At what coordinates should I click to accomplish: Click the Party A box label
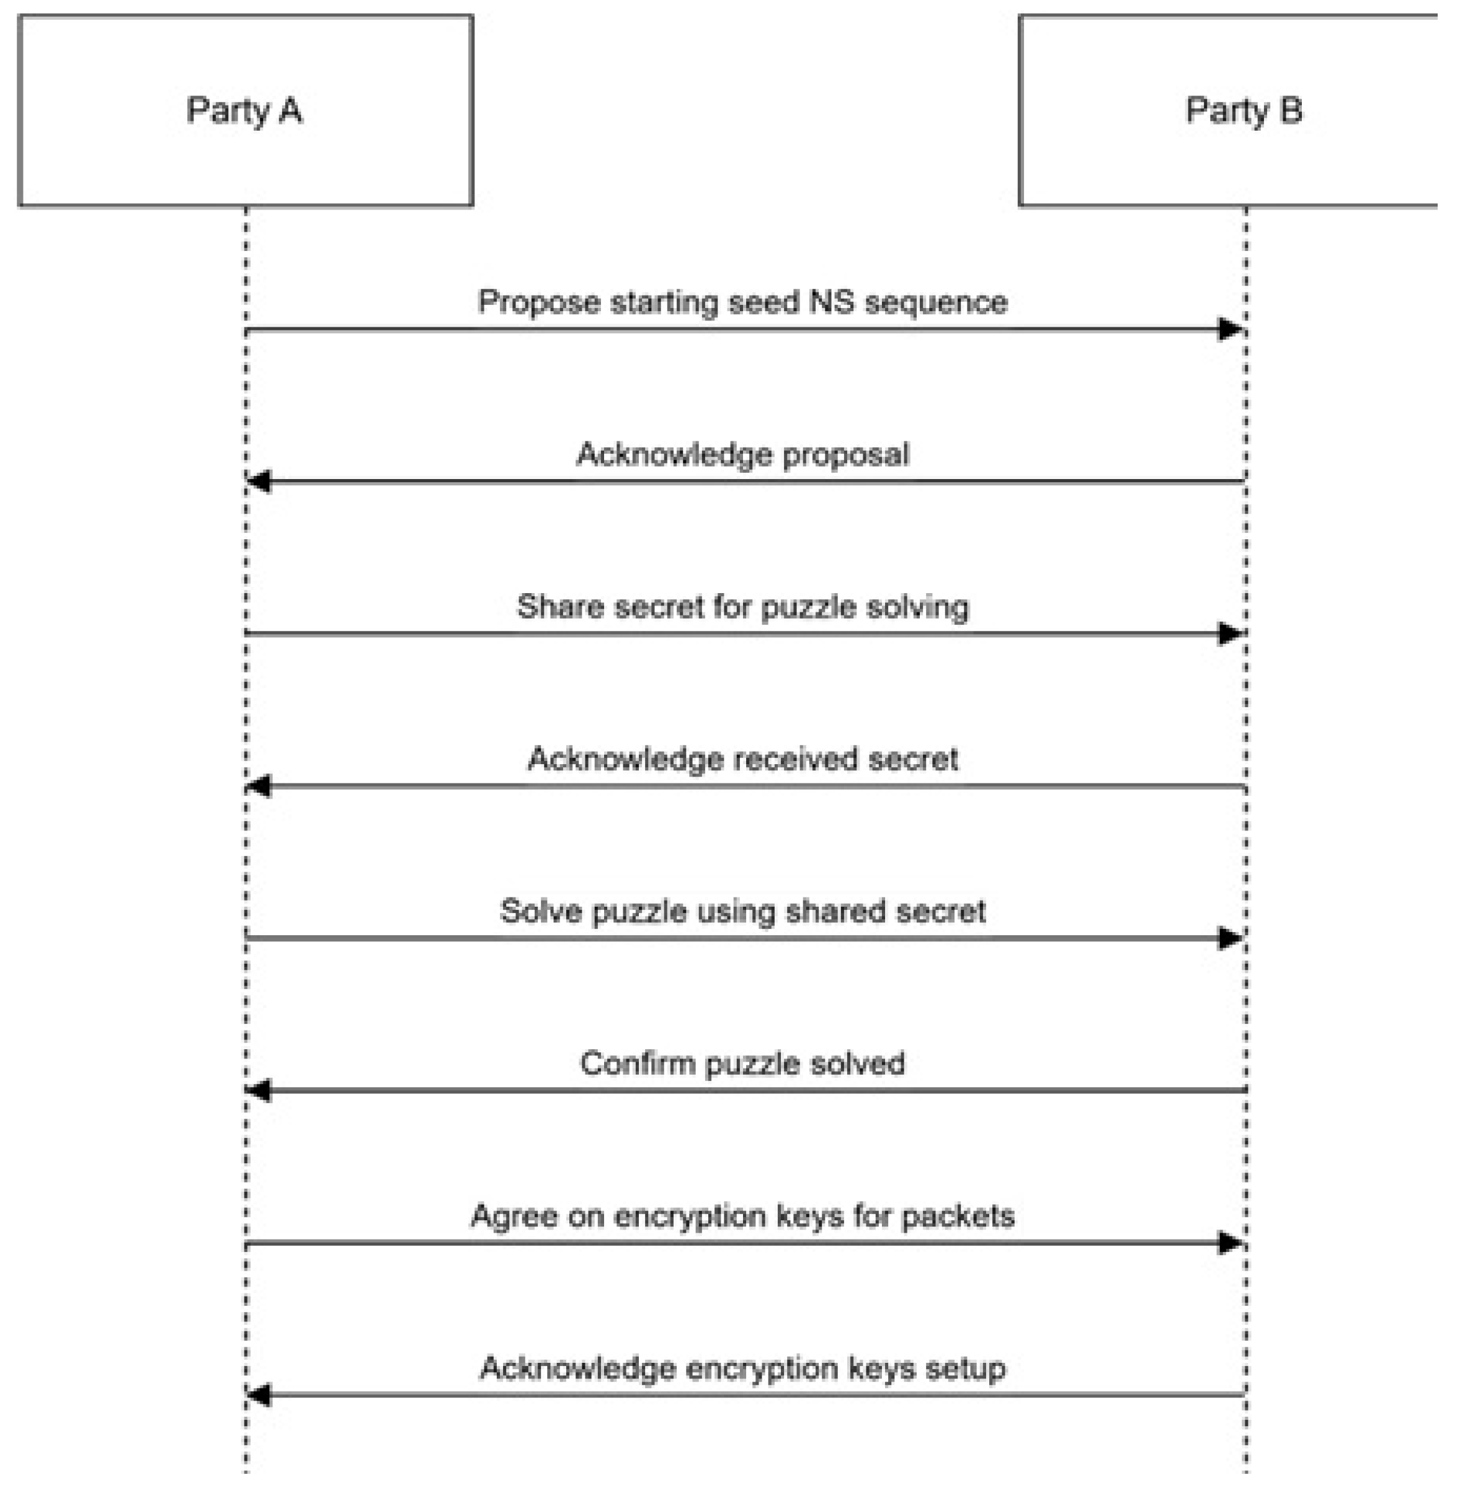coord(244,110)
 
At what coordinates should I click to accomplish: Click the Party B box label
coord(1243,110)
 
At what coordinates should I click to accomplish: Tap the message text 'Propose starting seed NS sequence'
coord(742,302)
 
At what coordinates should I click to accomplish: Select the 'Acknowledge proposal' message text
coord(742,454)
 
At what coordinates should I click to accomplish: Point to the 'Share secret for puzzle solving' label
coord(742,606)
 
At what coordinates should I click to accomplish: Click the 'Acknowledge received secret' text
coord(742,759)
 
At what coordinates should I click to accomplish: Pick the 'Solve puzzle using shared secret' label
coord(742,911)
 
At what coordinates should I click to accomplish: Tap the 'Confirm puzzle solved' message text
coord(742,1064)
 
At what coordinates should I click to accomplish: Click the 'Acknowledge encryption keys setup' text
coord(742,1368)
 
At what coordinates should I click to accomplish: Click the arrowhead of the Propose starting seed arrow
coord(1231,330)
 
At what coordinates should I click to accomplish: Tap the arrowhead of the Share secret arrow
coord(1231,634)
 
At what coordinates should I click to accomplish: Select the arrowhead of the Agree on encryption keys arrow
coord(1231,1243)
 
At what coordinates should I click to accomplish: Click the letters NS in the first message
coord(830,302)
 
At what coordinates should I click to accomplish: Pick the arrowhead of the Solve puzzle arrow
coord(1231,938)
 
